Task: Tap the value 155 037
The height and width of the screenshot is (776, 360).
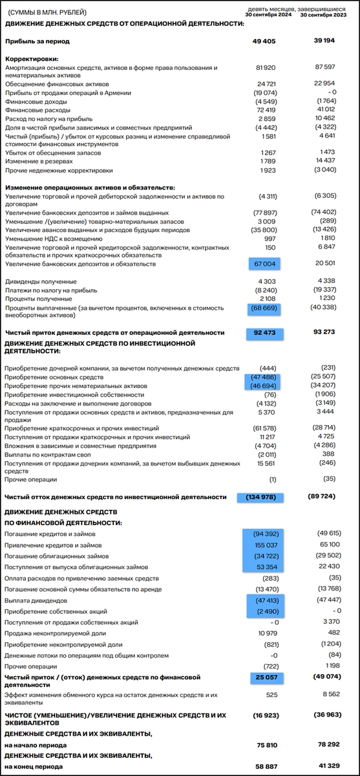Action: (268, 545)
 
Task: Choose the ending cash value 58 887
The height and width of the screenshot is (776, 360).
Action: (268, 766)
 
